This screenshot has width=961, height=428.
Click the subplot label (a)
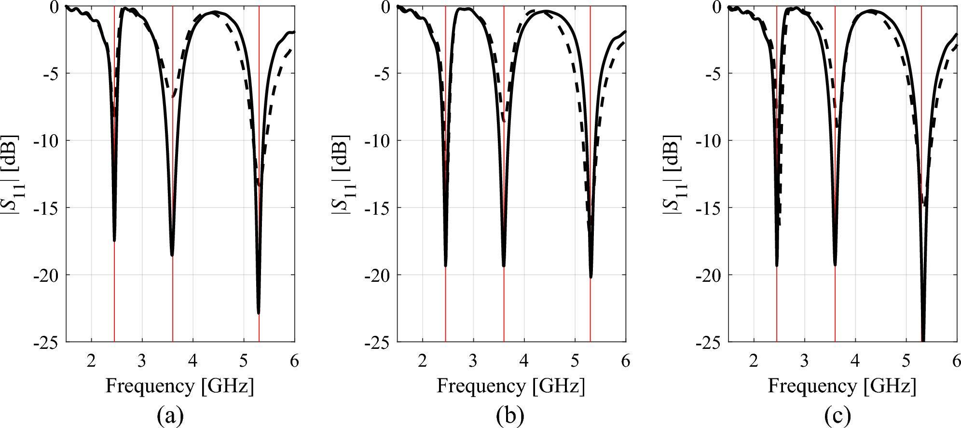click(170, 415)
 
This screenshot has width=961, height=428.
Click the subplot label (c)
click(837, 415)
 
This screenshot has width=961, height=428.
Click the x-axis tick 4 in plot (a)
click(192, 361)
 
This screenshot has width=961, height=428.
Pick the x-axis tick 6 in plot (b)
click(625, 361)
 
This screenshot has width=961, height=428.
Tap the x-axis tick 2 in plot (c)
click(754, 361)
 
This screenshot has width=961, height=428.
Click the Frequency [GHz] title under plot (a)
click(179, 387)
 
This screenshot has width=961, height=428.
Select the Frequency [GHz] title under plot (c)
click(842, 387)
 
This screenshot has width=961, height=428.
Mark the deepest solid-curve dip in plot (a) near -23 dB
click(259, 313)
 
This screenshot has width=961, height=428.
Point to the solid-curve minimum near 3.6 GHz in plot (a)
click(172, 254)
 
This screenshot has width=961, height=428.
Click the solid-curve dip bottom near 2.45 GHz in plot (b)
click(445, 265)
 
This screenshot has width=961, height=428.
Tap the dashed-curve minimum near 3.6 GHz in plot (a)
click(173, 97)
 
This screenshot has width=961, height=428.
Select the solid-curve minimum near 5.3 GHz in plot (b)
click(591, 276)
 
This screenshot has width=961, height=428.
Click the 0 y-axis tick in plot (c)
click(717, 7)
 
